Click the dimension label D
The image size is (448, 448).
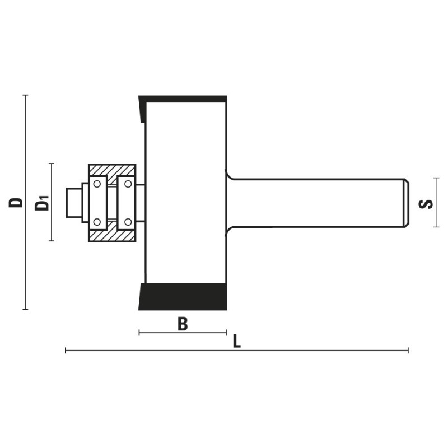(x=16, y=202)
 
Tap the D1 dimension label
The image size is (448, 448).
(x=41, y=203)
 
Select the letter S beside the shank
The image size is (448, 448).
(x=426, y=204)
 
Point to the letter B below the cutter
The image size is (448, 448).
(x=183, y=324)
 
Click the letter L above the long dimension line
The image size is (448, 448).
(x=236, y=341)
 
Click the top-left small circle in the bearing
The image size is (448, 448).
(x=97, y=184)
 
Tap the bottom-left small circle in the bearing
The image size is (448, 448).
(x=97, y=222)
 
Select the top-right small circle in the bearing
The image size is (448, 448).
(x=128, y=184)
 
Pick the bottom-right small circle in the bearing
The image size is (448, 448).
(x=128, y=222)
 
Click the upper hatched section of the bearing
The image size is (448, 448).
(x=112, y=171)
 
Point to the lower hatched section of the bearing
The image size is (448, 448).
(x=112, y=235)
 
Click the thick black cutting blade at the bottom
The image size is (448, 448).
(x=183, y=297)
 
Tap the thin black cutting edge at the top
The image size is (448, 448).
(x=183, y=100)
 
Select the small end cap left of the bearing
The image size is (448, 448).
(x=74, y=203)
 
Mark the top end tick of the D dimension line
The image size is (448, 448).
(x=25, y=95)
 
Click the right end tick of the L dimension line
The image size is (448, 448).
(x=408, y=351)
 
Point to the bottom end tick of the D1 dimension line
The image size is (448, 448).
(x=52, y=241)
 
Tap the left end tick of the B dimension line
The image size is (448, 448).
(x=139, y=333)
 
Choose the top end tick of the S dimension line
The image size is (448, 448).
(x=436, y=178)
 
